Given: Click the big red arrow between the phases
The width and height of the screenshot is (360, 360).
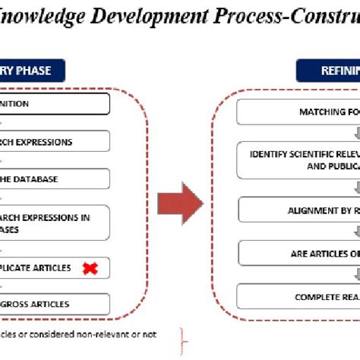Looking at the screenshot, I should tap(180, 204).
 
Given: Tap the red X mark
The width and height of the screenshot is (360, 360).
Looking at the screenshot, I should tap(90, 267).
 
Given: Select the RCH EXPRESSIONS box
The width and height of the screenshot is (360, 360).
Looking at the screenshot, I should tap(53, 141).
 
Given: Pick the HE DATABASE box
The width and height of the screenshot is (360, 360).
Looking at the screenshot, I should tap(53, 179).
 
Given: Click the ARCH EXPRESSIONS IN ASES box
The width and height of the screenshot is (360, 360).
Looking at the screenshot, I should tap(53, 223).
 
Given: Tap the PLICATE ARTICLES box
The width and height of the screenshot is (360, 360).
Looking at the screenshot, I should tap(53, 267).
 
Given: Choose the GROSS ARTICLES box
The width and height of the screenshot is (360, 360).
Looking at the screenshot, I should tap(53, 304).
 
